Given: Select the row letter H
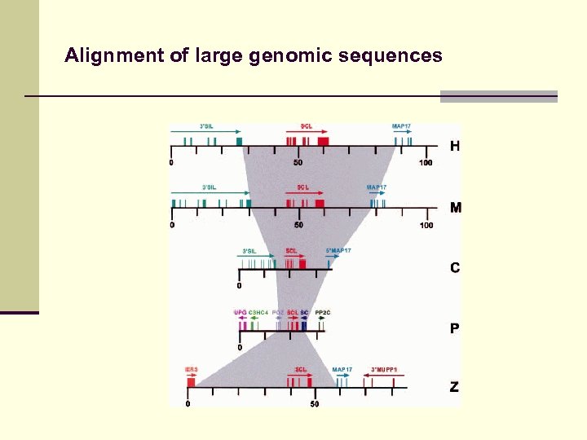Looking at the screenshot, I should coord(455,147).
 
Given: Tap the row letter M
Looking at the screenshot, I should coord(455,208).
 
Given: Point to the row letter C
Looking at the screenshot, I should coord(455,267).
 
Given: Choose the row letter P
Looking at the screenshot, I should coord(455,328).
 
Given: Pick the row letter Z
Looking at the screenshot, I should coord(454,388).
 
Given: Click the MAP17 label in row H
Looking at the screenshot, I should coord(401,126).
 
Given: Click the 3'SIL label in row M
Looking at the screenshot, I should coord(210,187).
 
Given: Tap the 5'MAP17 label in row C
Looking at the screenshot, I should coord(338,250).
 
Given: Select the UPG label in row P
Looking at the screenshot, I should coord(240,312).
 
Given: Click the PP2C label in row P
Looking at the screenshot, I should coord(323,312).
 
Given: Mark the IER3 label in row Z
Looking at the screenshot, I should coord(191,369).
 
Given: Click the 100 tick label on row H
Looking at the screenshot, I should coord(426,163).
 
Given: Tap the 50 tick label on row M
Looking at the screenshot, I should coord(298,225).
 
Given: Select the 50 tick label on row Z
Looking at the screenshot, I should coord(314,404).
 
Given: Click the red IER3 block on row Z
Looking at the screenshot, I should coord(191,381).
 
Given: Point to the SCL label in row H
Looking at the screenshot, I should coord(306,126).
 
